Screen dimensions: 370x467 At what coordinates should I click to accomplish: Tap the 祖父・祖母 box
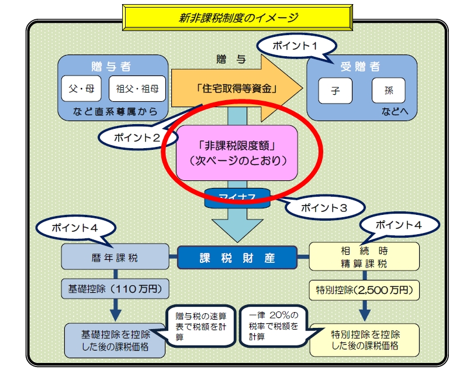pyautogui.click(x=137, y=89)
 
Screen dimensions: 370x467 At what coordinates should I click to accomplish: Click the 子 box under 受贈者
pyautogui.click(x=335, y=91)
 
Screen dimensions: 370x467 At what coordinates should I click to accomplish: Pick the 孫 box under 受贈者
pyautogui.click(x=389, y=91)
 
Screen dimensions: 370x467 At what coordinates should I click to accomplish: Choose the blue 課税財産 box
pyautogui.click(x=237, y=257)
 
